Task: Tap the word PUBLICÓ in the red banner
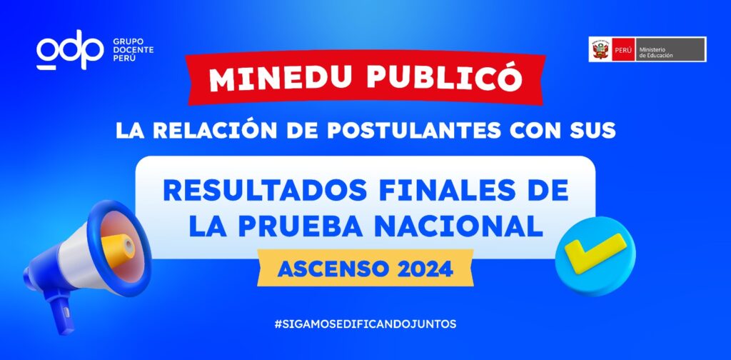(x=444, y=77)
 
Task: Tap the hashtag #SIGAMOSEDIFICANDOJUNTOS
(x=365, y=324)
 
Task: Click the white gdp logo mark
(x=70, y=49)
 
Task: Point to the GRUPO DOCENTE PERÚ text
(x=133, y=49)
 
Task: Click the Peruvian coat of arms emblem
(x=601, y=49)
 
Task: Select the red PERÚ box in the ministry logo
(x=623, y=49)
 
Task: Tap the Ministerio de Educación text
(x=656, y=51)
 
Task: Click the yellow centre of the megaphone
(x=118, y=249)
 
